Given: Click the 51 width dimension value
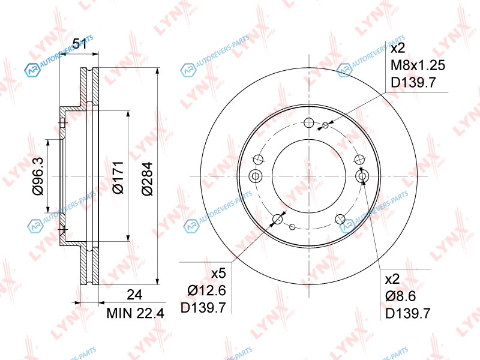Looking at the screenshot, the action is click(80, 44).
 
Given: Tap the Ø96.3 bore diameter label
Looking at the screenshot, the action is click(38, 176).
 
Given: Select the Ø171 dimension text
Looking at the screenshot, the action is click(118, 177).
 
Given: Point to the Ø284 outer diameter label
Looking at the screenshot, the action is click(147, 179).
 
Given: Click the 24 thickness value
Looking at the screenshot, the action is click(134, 295).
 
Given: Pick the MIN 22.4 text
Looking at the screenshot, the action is click(136, 313).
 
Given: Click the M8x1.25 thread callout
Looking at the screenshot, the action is click(418, 65).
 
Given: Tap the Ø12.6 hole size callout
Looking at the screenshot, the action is click(206, 290).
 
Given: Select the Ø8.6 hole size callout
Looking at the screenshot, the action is click(400, 296).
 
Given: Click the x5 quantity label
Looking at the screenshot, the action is click(218, 273).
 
